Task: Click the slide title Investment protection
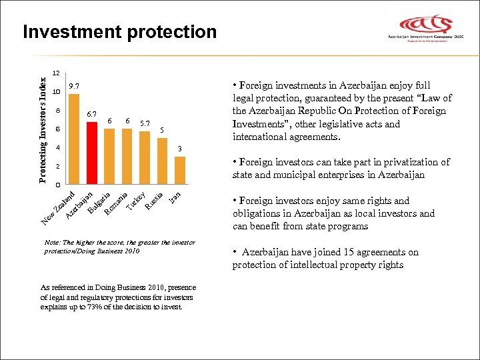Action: point(119,32)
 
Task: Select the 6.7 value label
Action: point(92,115)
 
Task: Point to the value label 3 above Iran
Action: point(179,147)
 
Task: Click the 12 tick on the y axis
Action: point(57,73)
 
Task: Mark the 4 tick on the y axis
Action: point(58,147)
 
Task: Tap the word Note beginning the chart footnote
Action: point(49,243)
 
